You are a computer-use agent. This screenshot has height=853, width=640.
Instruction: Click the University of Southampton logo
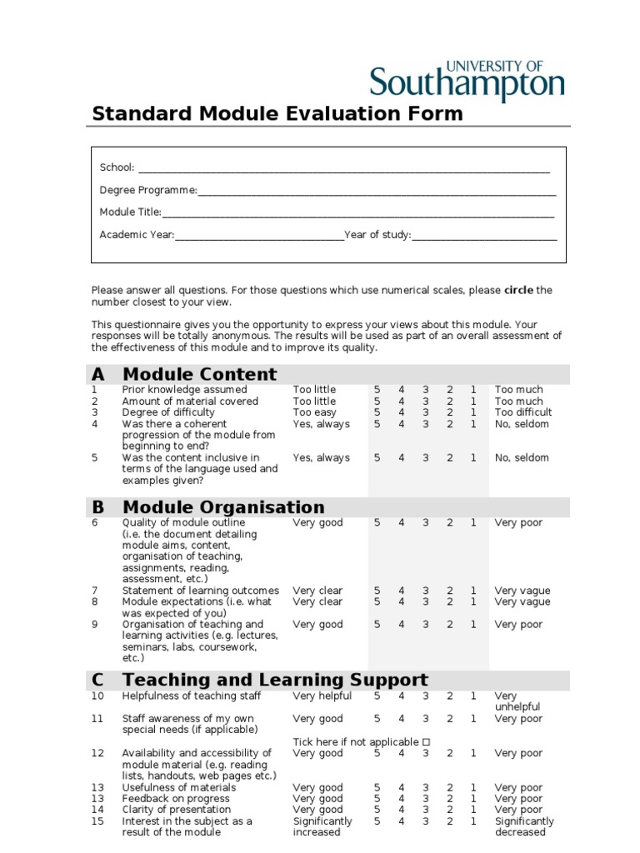tap(467, 80)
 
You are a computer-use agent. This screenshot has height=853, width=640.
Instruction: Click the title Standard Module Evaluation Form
tap(277, 113)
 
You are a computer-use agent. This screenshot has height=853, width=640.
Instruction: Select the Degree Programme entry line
tap(377, 191)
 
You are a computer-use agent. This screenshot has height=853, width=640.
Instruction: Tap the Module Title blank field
tap(358, 213)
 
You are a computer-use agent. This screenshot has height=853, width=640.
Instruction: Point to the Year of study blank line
tap(484, 236)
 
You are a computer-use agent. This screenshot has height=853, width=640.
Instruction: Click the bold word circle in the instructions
tap(518, 291)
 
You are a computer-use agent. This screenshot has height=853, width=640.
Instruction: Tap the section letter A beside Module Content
tap(98, 374)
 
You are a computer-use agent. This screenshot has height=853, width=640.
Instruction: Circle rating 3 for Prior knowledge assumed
tap(425, 390)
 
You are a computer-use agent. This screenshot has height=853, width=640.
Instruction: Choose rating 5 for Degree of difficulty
tap(377, 412)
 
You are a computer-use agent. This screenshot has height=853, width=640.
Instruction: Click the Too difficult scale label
tap(523, 412)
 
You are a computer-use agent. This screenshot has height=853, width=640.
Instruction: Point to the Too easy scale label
tap(314, 412)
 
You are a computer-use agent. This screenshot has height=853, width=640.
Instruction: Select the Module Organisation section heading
tap(223, 507)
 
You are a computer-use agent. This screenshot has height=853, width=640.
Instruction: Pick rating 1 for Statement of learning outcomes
tap(473, 591)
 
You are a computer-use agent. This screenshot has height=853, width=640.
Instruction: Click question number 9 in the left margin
tap(95, 624)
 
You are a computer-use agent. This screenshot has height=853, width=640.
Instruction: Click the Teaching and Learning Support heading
tap(275, 680)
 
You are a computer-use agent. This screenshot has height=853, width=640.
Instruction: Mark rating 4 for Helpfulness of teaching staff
tap(401, 696)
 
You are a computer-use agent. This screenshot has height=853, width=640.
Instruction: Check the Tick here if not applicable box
tap(426, 742)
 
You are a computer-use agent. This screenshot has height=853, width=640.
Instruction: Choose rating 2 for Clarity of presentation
tap(449, 810)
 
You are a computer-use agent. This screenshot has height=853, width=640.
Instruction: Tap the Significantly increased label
tap(322, 826)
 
